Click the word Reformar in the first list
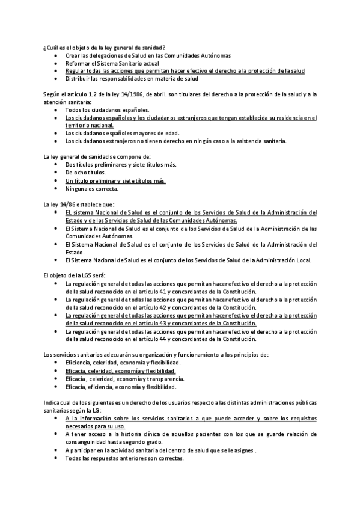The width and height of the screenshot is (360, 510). (x=76, y=63)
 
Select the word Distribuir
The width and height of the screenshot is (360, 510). (x=78, y=78)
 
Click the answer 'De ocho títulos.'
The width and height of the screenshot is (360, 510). (x=85, y=173)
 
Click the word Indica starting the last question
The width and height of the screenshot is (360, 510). (x=52, y=402)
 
